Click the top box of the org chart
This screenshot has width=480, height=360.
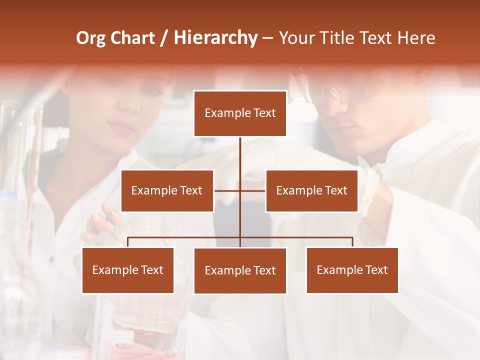240,113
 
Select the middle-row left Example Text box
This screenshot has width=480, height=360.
167,190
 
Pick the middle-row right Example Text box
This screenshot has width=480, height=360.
311,190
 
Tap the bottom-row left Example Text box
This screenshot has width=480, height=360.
128,270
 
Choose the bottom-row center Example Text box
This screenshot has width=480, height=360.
240,270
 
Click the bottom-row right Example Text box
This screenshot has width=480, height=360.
352,270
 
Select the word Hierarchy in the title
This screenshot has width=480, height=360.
215,38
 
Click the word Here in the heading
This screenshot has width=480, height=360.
416,38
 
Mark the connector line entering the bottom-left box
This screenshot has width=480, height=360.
128,242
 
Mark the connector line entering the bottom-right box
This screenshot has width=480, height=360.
352,242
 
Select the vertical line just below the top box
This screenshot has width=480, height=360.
240,150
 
